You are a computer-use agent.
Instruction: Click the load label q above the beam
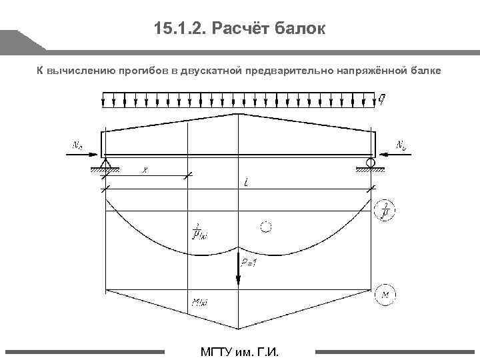381,100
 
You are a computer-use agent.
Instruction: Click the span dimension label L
238,182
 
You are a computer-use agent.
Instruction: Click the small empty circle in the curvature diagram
266,227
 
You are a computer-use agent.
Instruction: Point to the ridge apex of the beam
239,114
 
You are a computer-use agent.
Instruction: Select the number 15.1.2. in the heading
175,29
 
